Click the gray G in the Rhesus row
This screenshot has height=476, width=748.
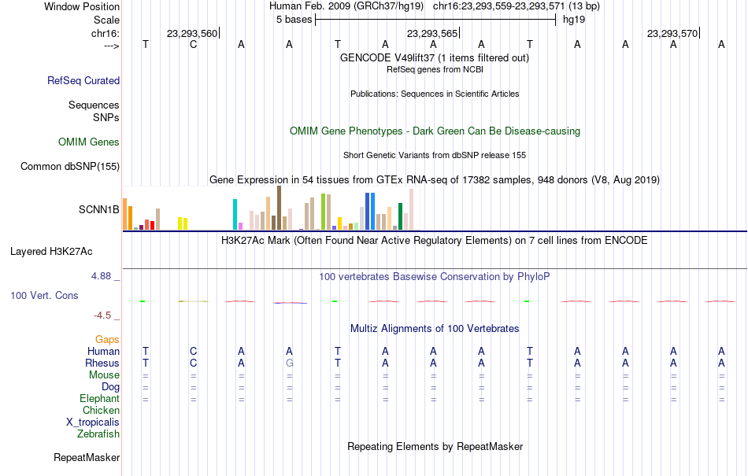tap(289, 363)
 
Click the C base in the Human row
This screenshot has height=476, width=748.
tap(193, 351)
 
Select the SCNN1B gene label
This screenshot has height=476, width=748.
tap(98, 209)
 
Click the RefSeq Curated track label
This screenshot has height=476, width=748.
tap(83, 80)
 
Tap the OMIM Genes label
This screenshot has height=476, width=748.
tap(89, 142)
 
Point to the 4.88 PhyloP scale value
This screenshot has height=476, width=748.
tap(101, 276)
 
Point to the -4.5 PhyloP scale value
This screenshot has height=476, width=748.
tap(102, 315)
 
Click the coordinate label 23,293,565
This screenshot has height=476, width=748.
tap(432, 33)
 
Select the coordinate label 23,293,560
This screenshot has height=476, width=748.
tap(192, 33)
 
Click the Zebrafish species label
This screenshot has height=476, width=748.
tap(98, 434)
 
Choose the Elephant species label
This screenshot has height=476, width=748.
tap(99, 399)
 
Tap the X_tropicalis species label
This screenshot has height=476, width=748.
tap(93, 422)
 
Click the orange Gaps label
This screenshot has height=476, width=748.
tap(107, 340)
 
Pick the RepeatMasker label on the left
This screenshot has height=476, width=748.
tap(87, 458)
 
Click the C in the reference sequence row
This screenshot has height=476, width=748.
tap(193, 44)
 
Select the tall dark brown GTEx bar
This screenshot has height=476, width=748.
tap(279, 208)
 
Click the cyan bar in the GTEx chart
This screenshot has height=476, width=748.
tap(235, 215)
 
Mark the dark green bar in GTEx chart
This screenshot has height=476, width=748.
tap(401, 217)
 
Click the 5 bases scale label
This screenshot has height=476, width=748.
tap(294, 20)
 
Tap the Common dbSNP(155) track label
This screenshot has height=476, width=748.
tap(70, 166)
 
